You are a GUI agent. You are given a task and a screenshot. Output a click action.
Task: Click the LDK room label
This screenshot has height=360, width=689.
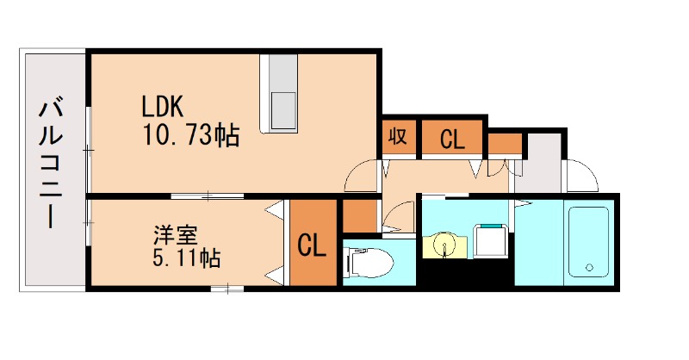click(x=162, y=107)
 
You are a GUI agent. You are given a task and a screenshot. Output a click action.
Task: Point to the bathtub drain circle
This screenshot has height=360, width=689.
click(x=590, y=268)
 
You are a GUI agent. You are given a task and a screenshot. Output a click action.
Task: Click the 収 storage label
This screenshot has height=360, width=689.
click(x=397, y=137)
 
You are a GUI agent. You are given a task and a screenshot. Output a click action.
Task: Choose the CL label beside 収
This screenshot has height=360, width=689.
click(x=452, y=139)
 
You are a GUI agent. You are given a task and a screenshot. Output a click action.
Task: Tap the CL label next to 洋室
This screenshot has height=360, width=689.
click(x=311, y=246)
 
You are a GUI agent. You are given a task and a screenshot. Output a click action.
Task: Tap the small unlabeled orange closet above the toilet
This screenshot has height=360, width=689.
click(x=360, y=215)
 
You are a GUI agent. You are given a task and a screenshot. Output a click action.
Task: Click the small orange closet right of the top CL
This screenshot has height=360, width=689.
click(x=506, y=143)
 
